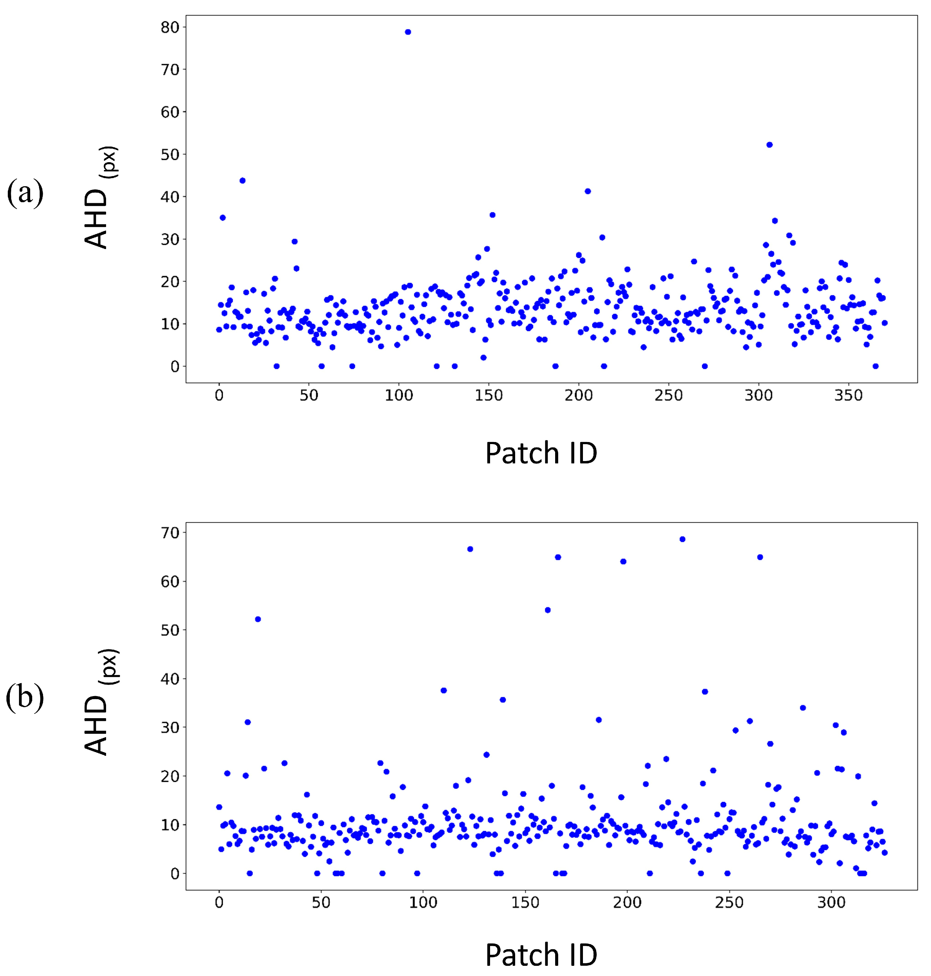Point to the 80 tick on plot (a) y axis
(x=170, y=27)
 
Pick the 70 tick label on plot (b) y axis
(x=170, y=533)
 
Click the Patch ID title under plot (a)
(x=541, y=453)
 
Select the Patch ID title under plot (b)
(x=541, y=955)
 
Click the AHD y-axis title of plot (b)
(x=99, y=702)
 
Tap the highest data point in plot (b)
(x=682, y=539)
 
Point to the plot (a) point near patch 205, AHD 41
(x=588, y=191)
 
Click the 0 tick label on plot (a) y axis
(x=175, y=367)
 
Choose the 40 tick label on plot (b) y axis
(x=170, y=679)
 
